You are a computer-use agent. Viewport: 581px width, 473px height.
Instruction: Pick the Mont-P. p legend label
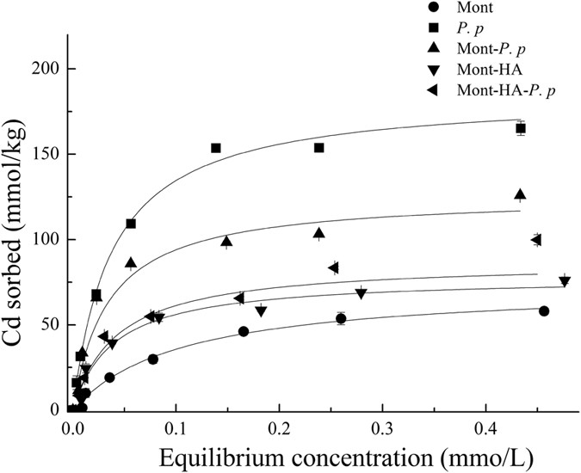[491, 51]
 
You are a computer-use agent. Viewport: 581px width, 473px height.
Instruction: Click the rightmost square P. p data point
[521, 128]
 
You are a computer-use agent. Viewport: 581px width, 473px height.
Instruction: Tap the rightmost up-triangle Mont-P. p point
[520, 194]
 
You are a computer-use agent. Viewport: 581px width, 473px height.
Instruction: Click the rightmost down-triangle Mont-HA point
[565, 281]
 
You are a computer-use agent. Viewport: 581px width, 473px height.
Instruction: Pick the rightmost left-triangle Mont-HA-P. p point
[536, 239]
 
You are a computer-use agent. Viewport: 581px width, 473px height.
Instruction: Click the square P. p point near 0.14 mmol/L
[216, 148]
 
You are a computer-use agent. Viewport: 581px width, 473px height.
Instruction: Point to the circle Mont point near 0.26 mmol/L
[341, 318]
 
